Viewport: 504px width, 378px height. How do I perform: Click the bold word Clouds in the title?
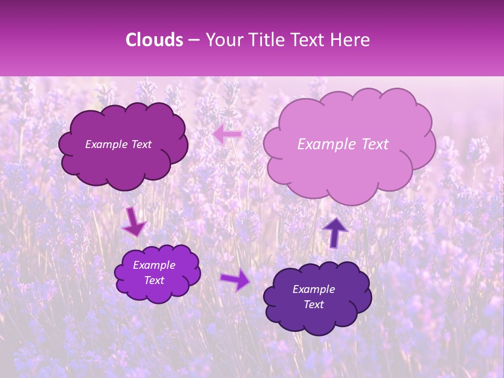pos(154,40)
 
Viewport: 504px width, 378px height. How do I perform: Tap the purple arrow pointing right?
pos(236,280)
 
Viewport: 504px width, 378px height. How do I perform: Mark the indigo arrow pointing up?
pos(335,232)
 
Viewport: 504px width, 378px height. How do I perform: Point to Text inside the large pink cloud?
pos(372,144)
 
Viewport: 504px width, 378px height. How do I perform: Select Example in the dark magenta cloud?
pos(107,144)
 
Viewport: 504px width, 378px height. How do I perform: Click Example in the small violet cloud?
pos(154,265)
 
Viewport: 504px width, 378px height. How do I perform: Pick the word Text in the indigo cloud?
pos(313,304)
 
